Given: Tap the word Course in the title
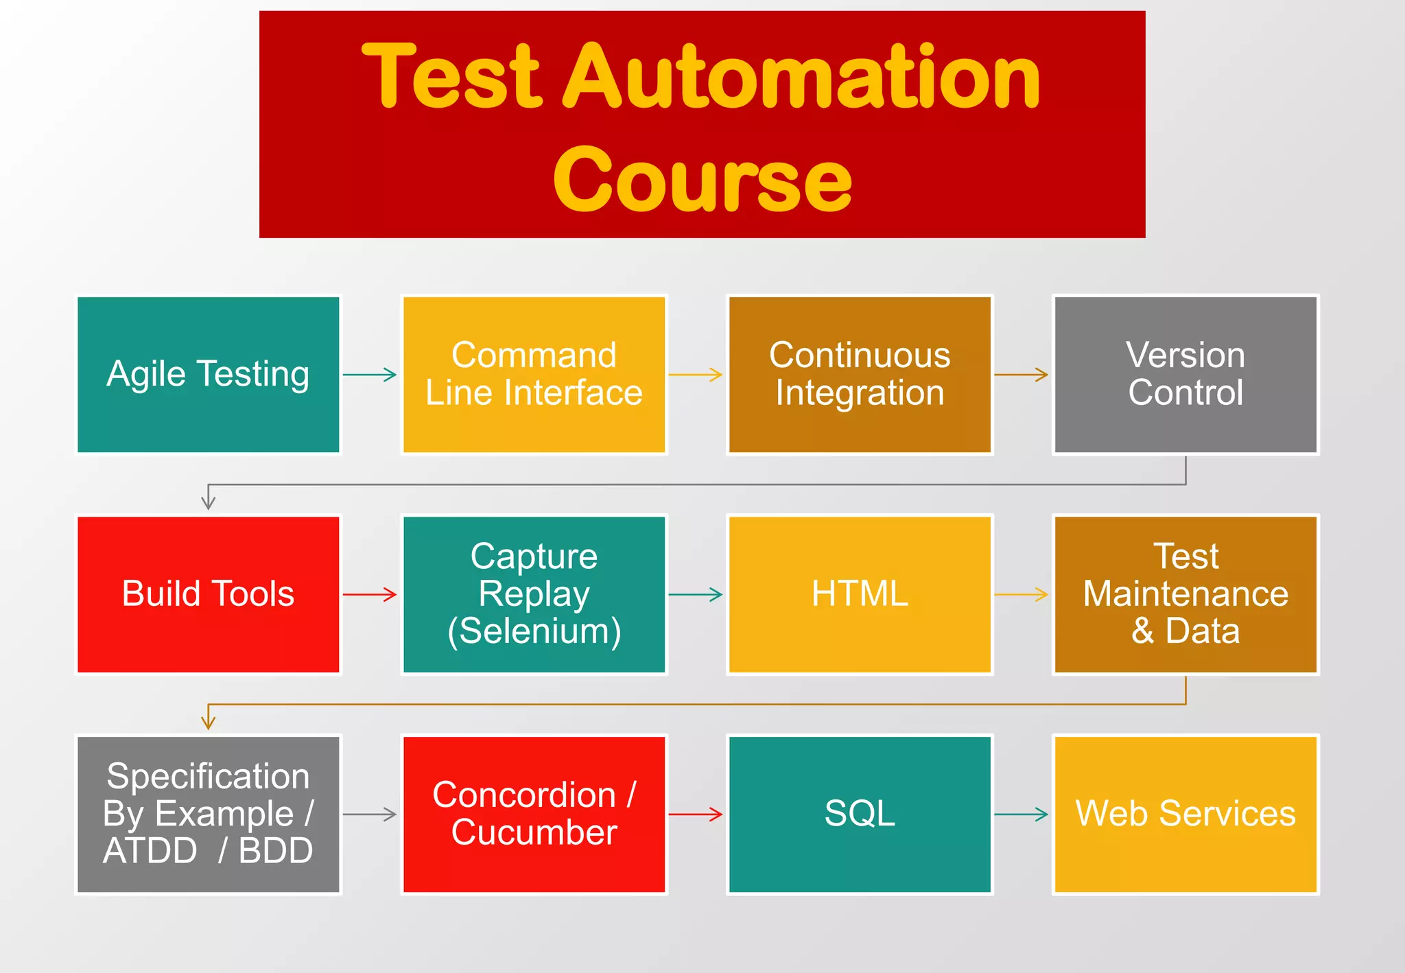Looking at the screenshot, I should click(702, 180).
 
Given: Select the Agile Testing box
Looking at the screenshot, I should click(208, 375).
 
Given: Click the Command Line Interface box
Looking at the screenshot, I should click(534, 375).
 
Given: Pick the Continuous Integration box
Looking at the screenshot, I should click(860, 375).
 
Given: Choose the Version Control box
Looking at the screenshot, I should click(1185, 375).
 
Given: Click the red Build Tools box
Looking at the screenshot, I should click(208, 594).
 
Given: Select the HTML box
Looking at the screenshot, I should click(860, 594).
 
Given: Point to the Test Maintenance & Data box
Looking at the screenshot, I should click(1185, 594).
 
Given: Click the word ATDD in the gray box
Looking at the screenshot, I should click(150, 852).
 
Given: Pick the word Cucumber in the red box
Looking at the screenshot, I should click(534, 833).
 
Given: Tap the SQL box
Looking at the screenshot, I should click(860, 814).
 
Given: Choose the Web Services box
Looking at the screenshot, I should click(1185, 814).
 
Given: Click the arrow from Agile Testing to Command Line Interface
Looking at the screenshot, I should click(370, 375).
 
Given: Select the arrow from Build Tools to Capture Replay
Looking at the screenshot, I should click(370, 594).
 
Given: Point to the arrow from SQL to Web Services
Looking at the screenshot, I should click(1022, 814).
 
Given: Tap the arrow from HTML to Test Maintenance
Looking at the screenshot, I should click(1022, 594).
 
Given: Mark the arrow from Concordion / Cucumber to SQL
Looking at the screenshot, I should click(696, 814).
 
